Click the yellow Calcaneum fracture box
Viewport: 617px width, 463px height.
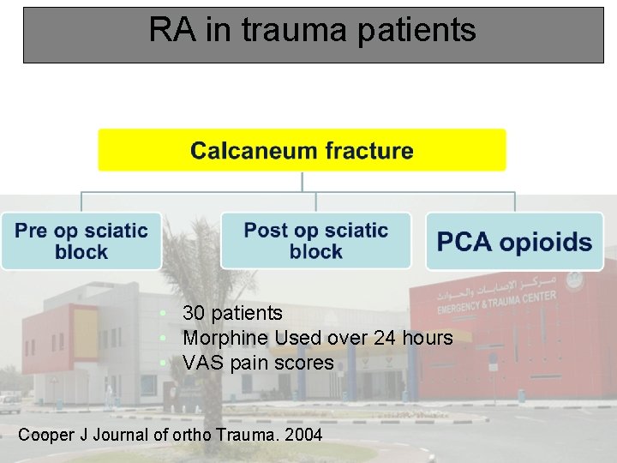(x=302, y=150)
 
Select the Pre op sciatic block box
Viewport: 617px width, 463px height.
(x=81, y=241)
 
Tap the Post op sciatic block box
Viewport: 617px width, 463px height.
(x=315, y=241)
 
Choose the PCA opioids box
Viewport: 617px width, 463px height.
(x=514, y=241)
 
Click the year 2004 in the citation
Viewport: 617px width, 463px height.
(x=303, y=435)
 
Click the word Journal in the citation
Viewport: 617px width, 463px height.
(x=121, y=435)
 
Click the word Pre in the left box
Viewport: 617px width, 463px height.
(x=32, y=231)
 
